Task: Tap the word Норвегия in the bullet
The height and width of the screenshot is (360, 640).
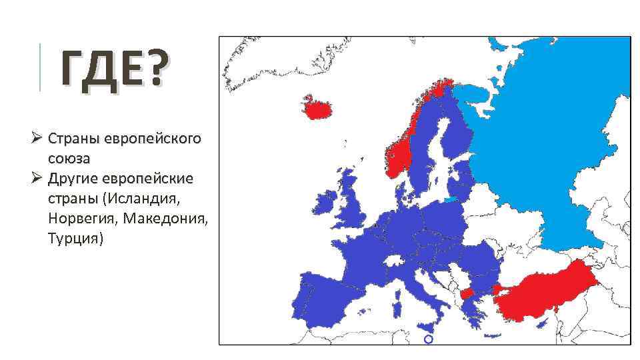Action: pos(79,218)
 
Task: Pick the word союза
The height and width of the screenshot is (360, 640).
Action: pos(69,159)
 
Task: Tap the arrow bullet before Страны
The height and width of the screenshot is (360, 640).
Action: pos(38,139)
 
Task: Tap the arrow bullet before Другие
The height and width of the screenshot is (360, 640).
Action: pos(38,179)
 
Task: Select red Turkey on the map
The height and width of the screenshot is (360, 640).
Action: pos(547,293)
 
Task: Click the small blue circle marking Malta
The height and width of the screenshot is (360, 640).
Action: pos(428,339)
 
